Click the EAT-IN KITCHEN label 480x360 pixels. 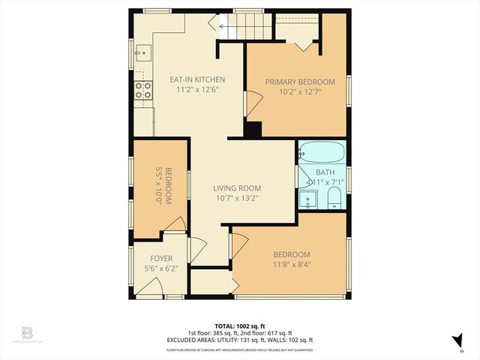tap(197, 79)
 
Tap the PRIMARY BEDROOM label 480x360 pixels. tap(300, 82)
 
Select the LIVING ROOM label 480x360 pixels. tap(236, 188)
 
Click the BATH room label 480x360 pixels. tap(325, 172)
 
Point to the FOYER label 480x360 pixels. tap(161, 259)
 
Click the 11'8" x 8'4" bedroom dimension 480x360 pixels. tap(291, 265)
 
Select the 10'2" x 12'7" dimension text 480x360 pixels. tap(300, 92)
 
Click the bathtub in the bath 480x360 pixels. tap(322, 153)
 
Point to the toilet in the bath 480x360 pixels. tap(334, 199)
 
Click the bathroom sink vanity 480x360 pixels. tap(307, 199)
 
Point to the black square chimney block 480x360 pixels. tap(253, 129)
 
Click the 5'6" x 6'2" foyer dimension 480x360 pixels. tap(161, 268)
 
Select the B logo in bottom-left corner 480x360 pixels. tap(28, 332)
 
